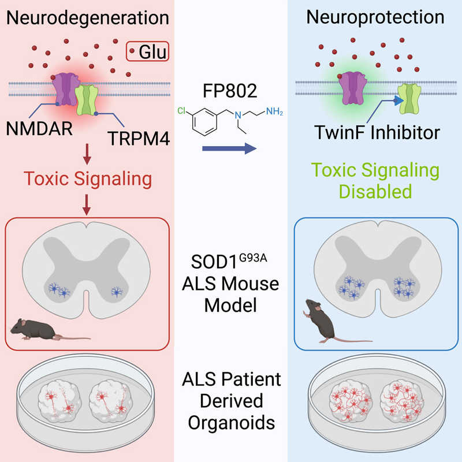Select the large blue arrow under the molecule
click(x=230, y=149)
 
